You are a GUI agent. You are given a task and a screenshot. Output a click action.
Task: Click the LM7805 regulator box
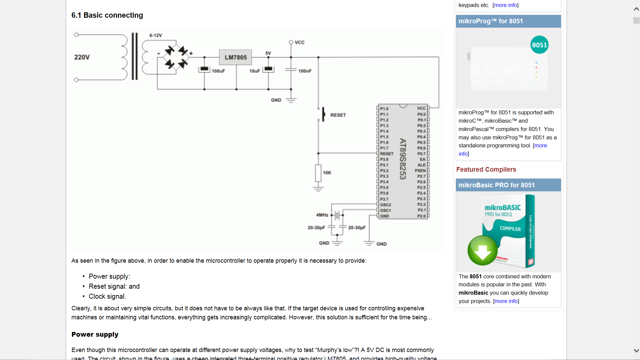(x=235, y=57)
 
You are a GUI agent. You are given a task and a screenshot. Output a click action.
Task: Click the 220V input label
(x=82, y=57)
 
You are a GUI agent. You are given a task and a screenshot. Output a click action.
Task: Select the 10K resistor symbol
(x=318, y=173)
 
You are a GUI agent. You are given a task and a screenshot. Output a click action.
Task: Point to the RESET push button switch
(x=323, y=114)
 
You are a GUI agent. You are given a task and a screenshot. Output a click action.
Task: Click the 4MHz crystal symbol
(x=337, y=215)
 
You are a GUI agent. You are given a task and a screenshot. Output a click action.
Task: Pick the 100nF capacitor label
(x=305, y=71)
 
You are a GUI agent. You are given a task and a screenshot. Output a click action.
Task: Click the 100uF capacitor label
(x=218, y=71)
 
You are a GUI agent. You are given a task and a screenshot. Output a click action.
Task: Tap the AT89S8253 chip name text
(x=403, y=159)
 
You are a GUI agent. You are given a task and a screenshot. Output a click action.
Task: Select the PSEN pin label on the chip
(x=420, y=171)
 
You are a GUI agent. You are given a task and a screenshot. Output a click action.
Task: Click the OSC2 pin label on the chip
(x=386, y=205)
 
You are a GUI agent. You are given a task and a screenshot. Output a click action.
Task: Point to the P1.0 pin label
(x=384, y=109)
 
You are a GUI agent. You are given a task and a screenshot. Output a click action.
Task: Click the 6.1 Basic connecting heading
(x=107, y=15)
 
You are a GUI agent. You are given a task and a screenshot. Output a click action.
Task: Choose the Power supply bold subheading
(x=95, y=334)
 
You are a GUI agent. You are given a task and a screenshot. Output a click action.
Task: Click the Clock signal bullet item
(x=107, y=296)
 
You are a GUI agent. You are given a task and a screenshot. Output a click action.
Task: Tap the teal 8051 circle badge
(x=539, y=45)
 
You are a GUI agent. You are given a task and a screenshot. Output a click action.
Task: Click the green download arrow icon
(x=482, y=250)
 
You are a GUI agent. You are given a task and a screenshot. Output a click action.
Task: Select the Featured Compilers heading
(x=486, y=169)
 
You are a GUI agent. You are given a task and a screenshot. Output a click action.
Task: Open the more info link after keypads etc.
(x=505, y=5)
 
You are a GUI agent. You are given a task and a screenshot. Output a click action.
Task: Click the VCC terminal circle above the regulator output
(x=291, y=42)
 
